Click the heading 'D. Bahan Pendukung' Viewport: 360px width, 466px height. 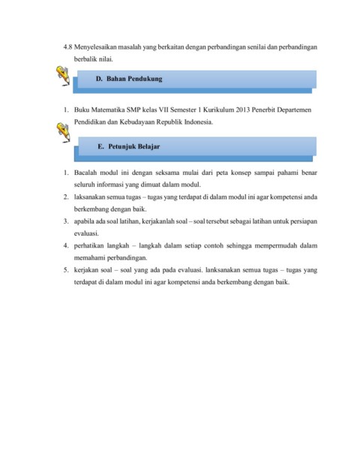point(130,78)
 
